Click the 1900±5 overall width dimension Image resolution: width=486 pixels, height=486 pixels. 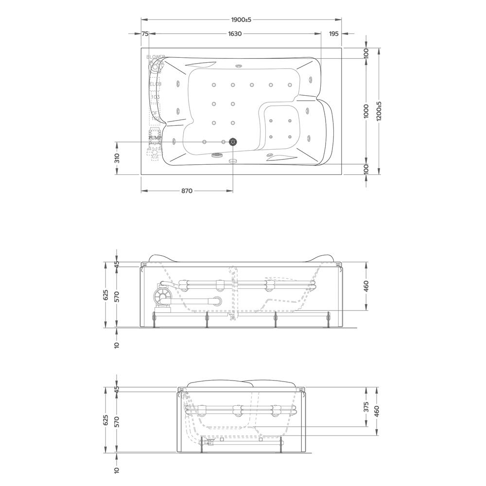coord(241,19)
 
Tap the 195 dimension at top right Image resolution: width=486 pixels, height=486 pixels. coord(333,34)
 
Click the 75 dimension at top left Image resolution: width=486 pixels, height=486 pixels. coord(145,34)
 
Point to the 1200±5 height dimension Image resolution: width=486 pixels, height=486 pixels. coord(379,111)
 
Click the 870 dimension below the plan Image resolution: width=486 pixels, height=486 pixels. coord(187,191)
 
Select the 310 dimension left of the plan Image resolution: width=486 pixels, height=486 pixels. coord(117,158)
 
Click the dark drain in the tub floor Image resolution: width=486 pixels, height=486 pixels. coord(233,142)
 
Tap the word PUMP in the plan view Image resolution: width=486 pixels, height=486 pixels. coord(155,139)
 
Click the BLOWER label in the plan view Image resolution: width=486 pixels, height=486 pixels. coord(156,57)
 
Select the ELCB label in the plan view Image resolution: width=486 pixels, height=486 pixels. coord(155,84)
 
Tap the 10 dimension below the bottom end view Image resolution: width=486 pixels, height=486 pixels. coord(117,470)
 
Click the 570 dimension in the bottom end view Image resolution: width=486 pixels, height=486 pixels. coord(117,421)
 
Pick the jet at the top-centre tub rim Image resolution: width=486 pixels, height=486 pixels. coord(239,65)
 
